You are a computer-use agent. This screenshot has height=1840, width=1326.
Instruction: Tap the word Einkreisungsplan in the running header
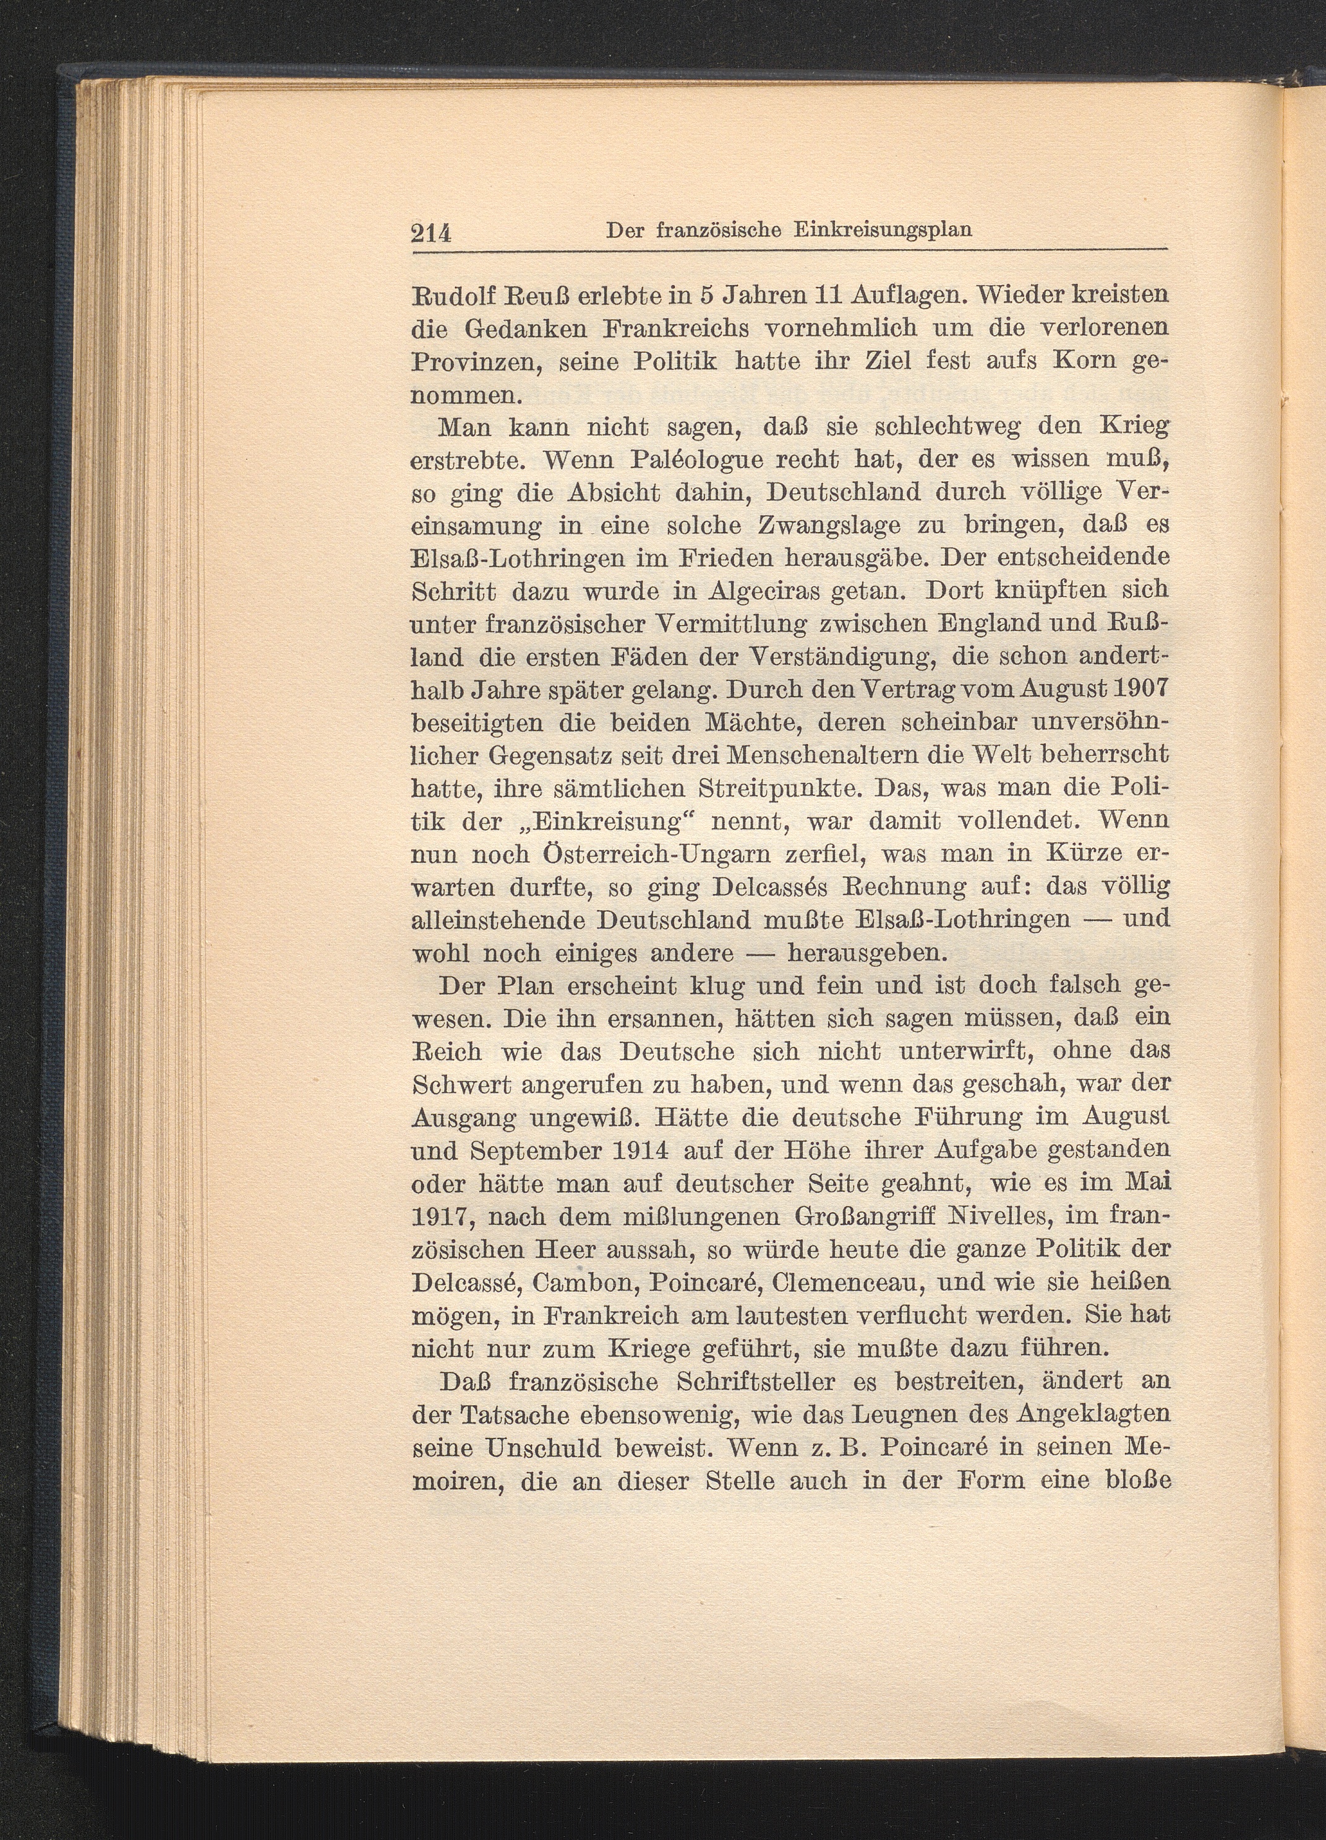pyautogui.click(x=883, y=229)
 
